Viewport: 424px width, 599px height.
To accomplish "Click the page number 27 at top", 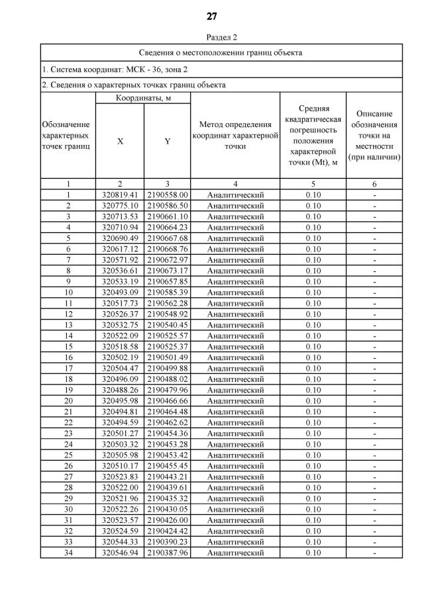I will [212, 17].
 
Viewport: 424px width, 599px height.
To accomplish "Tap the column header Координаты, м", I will [143, 98].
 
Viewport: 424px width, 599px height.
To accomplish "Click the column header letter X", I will [120, 141].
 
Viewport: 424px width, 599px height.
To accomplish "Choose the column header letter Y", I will [168, 141].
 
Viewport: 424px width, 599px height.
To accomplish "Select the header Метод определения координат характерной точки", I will [235, 135].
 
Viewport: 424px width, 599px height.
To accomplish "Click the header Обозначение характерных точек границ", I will [68, 135].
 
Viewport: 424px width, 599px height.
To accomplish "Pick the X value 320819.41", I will [120, 195].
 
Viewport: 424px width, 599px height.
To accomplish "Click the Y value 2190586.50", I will [168, 206].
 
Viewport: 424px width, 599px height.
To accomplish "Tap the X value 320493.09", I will [120, 293].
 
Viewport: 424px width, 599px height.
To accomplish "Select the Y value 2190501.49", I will [168, 357].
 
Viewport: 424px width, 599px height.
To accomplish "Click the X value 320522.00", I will [120, 488].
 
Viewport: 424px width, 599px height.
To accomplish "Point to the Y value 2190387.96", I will [168, 553].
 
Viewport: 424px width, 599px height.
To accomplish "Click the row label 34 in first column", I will [68, 553].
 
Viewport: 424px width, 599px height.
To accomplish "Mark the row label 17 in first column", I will [68, 369].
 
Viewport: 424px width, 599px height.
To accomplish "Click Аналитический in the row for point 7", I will [235, 260].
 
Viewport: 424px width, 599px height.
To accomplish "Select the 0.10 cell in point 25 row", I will [313, 455].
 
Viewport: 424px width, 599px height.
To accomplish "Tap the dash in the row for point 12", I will [374, 314].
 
